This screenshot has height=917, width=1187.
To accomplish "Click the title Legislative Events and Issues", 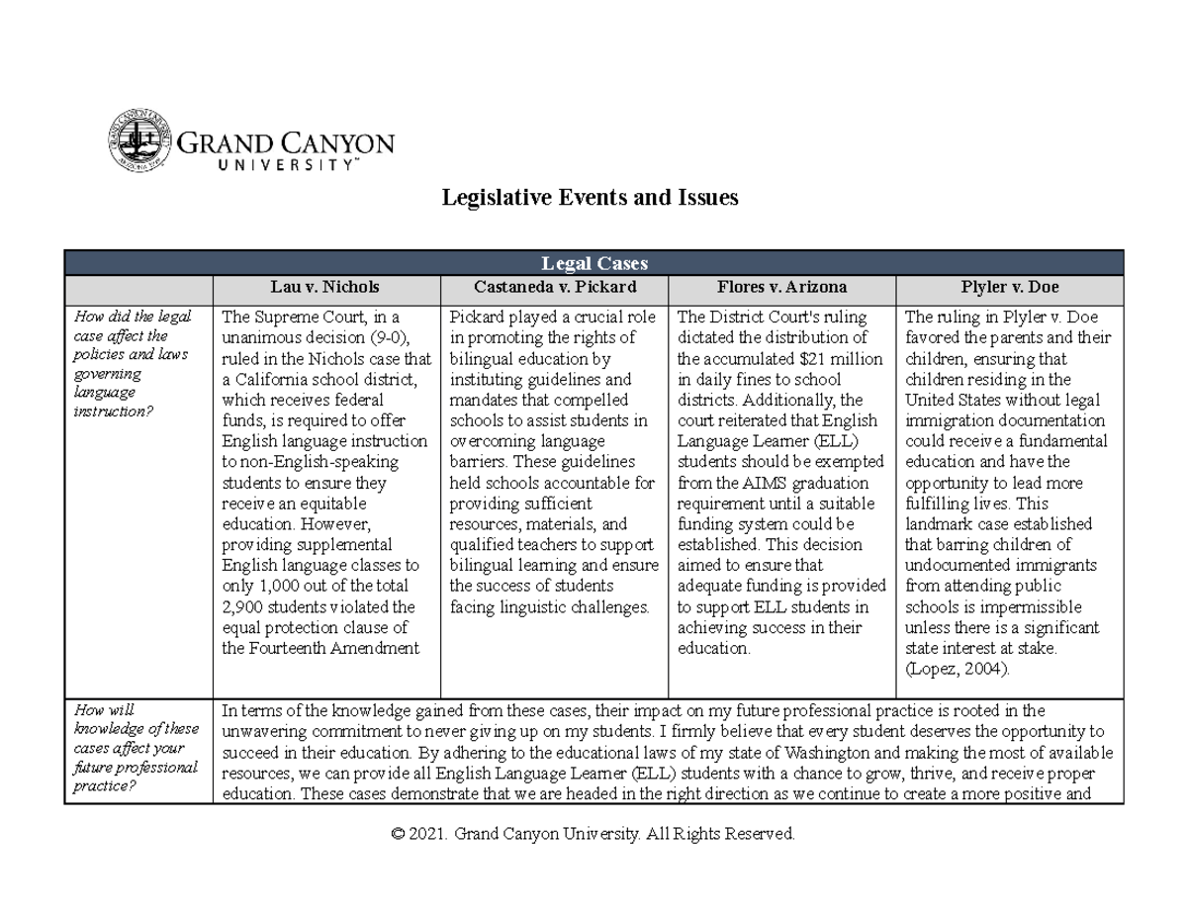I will coord(590,198).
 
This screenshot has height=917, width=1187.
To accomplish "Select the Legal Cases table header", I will coord(593,262).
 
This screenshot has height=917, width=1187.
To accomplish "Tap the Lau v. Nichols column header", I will coord(325,288).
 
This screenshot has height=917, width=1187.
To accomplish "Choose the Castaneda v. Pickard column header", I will coord(554,288).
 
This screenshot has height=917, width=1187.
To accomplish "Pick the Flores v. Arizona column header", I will coord(782,288).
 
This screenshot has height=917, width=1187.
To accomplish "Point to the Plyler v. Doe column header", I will coord(1010,288).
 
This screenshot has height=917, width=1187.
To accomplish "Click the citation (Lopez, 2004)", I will coord(958,670).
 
